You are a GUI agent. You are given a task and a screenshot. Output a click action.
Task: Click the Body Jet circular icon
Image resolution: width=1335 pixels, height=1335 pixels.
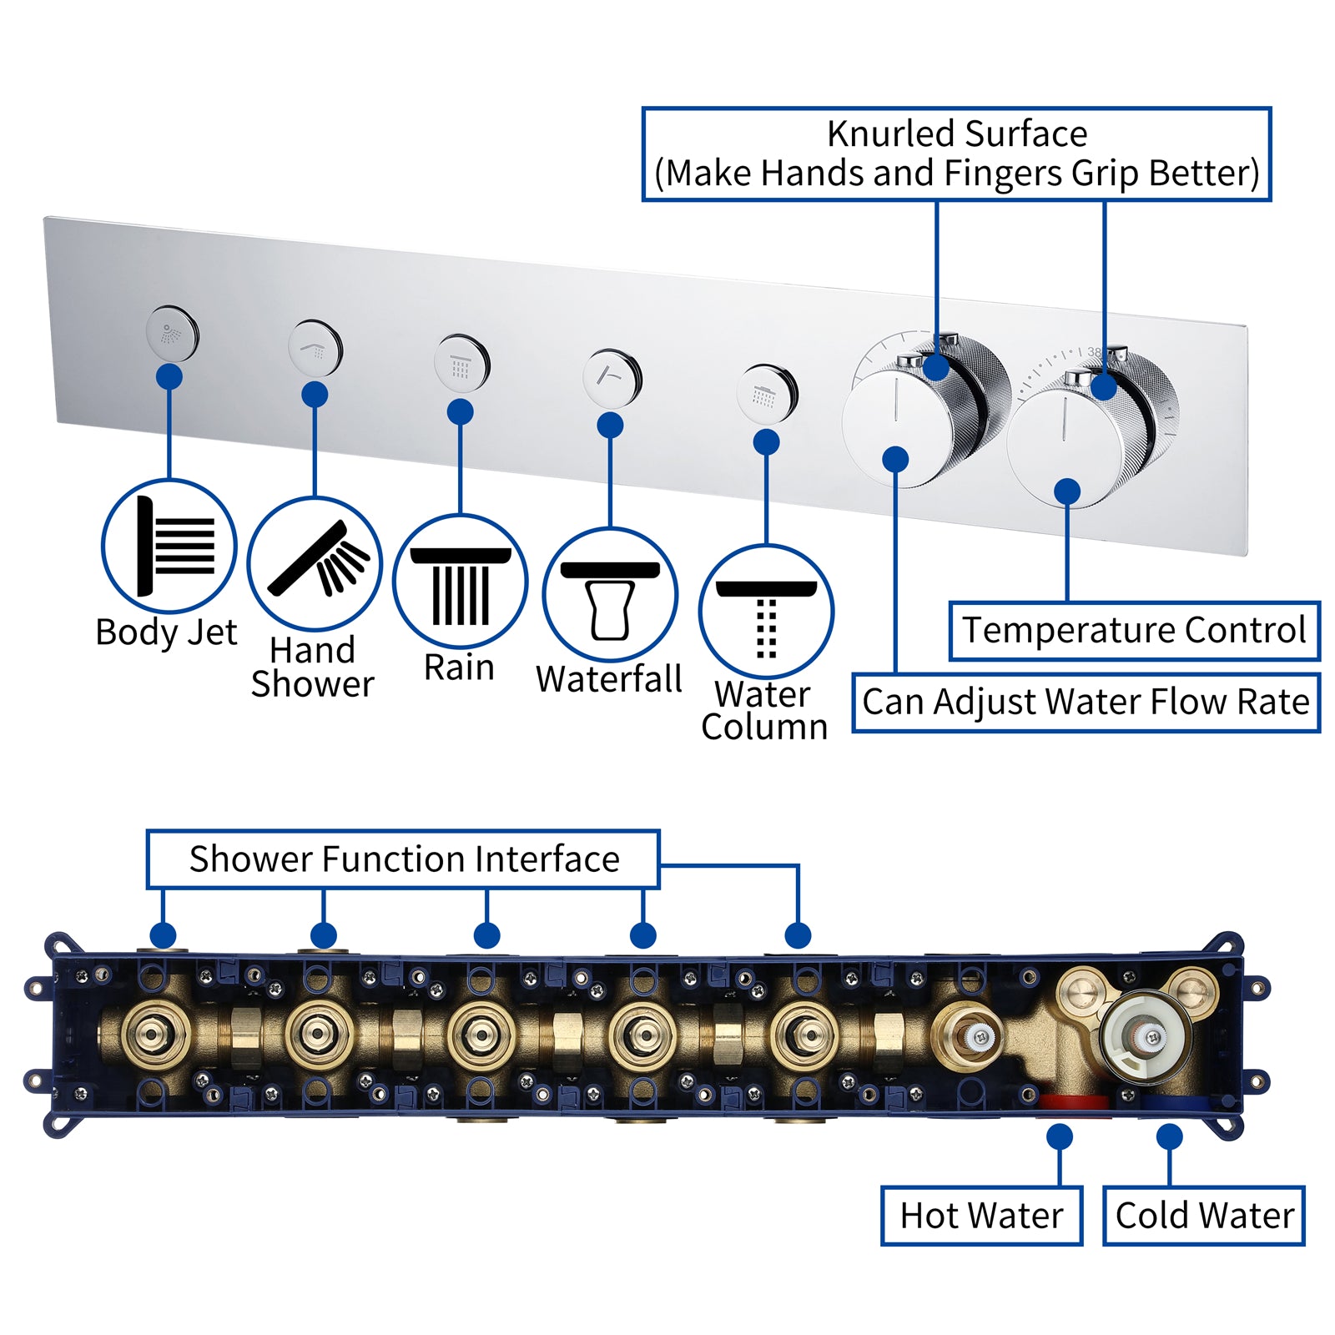pos(169,547)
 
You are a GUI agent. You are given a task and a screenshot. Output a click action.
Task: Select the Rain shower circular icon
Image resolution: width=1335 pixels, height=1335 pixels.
pos(460,581)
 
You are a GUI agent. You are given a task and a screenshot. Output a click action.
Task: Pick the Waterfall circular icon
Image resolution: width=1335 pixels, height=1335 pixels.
pos(610,595)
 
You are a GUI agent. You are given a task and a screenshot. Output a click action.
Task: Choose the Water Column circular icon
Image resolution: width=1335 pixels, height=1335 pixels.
pos(766,612)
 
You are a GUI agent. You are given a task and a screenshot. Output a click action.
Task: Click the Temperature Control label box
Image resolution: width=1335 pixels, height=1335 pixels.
pos(1134,631)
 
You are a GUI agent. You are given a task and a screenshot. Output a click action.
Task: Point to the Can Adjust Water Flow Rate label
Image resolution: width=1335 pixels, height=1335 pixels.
pos(1086,703)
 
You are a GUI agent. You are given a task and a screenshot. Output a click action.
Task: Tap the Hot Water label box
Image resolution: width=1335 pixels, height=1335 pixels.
pos(981,1216)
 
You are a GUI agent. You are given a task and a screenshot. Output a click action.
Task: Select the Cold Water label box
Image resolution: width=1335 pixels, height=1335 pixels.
pos(1204,1216)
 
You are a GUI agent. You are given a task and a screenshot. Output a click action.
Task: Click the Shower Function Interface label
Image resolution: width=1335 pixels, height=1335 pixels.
pos(404,859)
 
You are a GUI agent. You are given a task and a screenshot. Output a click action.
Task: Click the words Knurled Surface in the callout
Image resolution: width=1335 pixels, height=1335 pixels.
pos(956,134)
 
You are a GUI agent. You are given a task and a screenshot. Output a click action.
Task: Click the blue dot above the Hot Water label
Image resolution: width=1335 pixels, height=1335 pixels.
pos(1060,1137)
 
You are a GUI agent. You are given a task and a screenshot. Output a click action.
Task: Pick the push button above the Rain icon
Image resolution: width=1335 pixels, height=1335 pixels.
pos(461,364)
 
